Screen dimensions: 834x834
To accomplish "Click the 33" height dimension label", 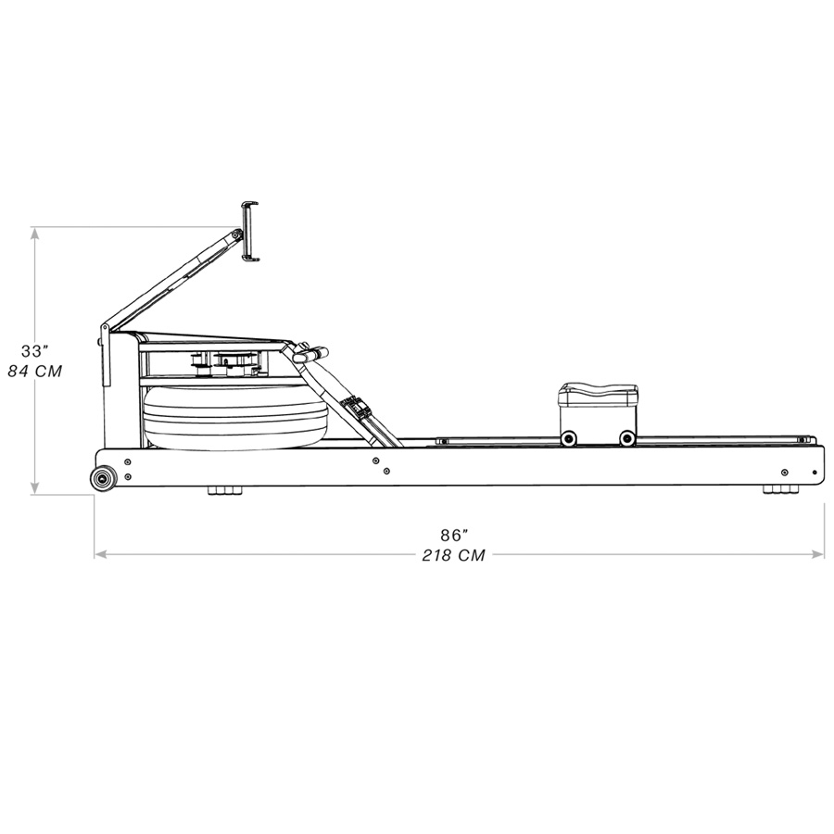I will click(34, 351).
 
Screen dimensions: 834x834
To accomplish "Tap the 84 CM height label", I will click(34, 372).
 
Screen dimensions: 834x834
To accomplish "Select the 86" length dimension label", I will click(453, 535).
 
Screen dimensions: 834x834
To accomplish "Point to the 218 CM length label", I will click(453, 555).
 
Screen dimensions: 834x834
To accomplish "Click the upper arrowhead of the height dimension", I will click(35, 233).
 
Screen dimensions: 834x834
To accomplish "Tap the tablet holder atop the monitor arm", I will click(249, 232).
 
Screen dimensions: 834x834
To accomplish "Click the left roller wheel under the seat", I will click(567, 438).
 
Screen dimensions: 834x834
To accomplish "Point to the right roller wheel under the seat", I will click(627, 438).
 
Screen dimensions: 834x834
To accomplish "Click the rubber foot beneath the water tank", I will click(221, 490).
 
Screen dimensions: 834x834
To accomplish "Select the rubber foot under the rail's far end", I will click(778, 490).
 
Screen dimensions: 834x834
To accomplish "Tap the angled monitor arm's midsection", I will click(171, 277).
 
